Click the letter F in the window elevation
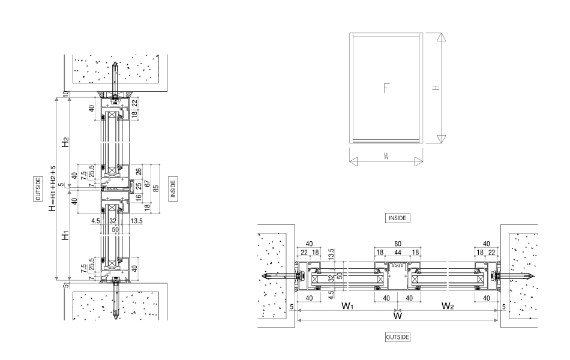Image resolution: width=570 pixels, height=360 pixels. (386, 88)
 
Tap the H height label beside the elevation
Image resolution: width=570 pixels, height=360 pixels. (436, 88)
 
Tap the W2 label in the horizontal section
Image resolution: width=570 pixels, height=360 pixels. (447, 306)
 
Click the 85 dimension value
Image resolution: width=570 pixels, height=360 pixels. (156, 188)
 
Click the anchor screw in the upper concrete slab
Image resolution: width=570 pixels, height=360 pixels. (113, 78)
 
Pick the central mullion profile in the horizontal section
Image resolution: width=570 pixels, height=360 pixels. (395, 276)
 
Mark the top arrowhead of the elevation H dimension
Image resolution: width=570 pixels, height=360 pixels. (441, 37)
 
